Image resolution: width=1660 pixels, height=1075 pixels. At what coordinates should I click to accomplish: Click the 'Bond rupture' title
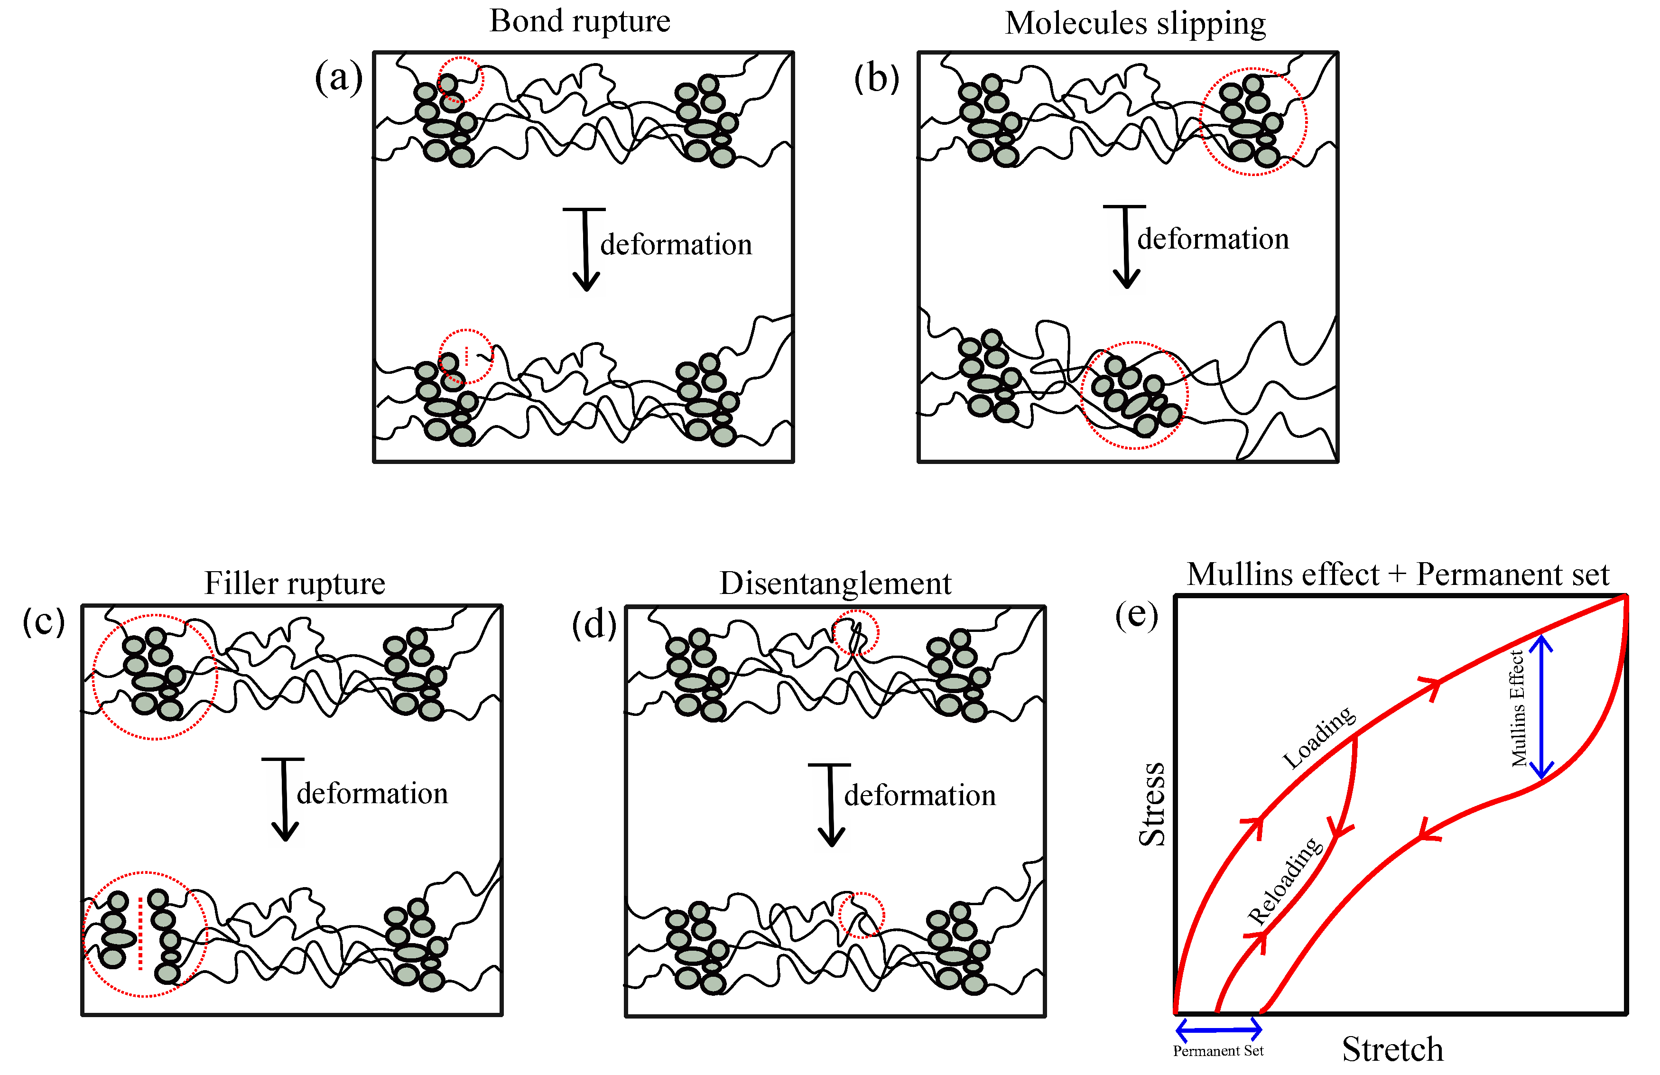click(x=580, y=21)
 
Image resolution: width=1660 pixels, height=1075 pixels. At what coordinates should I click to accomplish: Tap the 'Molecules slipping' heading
click(x=1135, y=23)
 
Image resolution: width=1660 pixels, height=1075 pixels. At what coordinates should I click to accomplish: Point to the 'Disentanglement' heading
click(x=835, y=583)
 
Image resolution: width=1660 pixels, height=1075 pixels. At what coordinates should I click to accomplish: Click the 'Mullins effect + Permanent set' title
click(x=1398, y=575)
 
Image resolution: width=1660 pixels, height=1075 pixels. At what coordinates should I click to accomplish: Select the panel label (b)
click(x=877, y=78)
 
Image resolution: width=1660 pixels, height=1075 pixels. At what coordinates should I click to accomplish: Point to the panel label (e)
click(x=1136, y=614)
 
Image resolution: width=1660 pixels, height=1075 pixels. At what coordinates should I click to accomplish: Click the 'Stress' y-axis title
click(x=1152, y=804)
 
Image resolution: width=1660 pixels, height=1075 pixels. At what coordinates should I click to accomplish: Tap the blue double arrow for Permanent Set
click(x=1218, y=1029)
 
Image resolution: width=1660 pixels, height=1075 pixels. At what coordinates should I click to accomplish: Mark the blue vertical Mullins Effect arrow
click(x=1541, y=706)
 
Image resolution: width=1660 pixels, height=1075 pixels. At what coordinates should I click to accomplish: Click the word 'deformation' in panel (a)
click(x=676, y=245)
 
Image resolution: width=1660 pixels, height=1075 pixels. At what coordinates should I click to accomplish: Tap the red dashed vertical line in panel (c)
click(x=141, y=933)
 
